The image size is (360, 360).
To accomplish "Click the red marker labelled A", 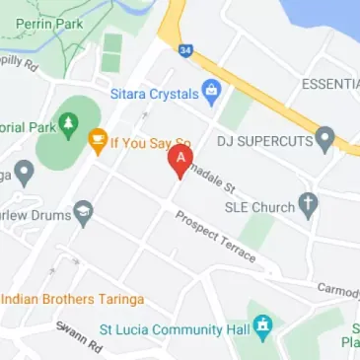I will pyautogui.click(x=180, y=161).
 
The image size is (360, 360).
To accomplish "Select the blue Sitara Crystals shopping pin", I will pyautogui.click(x=209, y=94).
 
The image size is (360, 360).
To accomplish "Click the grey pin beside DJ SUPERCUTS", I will pyautogui.click(x=324, y=138).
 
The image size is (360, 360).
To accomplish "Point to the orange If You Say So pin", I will pyautogui.click(x=97, y=142).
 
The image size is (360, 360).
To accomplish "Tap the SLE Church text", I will pyautogui.click(x=260, y=207).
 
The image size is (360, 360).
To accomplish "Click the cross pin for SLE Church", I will pyautogui.click(x=309, y=206).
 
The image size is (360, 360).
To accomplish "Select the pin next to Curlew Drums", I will pyautogui.click(x=83, y=209).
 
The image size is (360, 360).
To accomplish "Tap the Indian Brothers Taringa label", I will pyautogui.click(x=74, y=298).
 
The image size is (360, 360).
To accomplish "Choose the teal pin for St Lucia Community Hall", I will pyautogui.click(x=262, y=324).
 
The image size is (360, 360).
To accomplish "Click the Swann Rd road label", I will pyautogui.click(x=79, y=339).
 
